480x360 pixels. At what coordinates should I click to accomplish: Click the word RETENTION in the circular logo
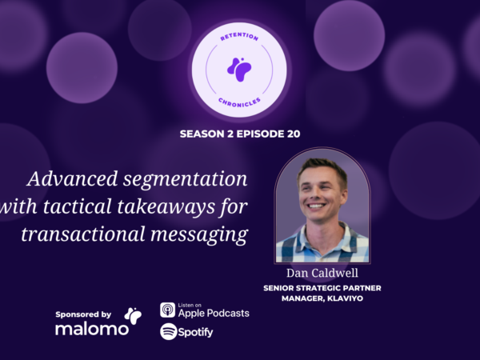coord(239,37)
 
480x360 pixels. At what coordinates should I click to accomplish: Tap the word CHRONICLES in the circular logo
coord(239,102)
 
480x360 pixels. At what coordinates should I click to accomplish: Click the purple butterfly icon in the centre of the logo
coord(239,70)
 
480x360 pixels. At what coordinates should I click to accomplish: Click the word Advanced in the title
coord(72,178)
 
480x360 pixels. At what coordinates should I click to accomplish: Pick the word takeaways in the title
coord(166,206)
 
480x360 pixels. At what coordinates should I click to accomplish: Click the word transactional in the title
coord(83,234)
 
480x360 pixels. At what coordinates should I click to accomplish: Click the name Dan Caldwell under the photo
coord(322,273)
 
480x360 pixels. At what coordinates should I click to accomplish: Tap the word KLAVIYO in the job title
coord(345,298)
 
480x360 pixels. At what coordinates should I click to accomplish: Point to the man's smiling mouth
coord(316,206)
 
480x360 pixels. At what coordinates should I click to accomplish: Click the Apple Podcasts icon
coord(167,310)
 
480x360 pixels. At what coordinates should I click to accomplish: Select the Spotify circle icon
coord(168,331)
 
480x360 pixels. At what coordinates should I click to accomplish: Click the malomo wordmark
coord(91,329)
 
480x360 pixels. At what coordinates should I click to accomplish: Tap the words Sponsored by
coord(83,314)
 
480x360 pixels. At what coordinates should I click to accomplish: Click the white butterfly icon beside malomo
coord(133,316)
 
